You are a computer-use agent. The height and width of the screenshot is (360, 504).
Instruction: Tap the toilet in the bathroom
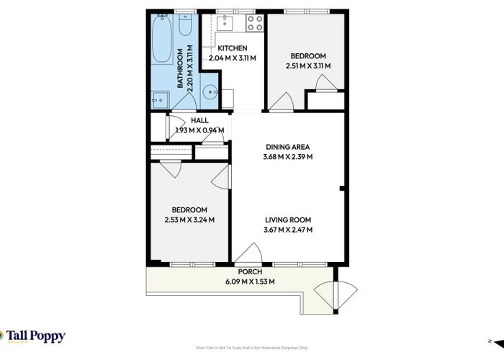tap(184, 27)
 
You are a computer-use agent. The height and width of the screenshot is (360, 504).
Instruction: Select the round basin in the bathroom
tap(210, 92)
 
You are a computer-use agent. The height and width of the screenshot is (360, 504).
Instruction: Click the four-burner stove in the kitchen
tap(255, 23)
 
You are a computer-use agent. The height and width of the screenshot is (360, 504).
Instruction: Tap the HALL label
tap(199, 121)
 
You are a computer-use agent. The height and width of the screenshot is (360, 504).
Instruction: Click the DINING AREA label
tap(288, 147)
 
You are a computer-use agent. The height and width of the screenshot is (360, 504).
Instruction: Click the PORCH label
tap(240, 272)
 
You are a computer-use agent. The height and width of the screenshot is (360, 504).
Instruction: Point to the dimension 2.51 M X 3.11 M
tap(308, 66)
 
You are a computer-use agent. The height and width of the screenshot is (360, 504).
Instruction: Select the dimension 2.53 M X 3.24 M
tap(190, 220)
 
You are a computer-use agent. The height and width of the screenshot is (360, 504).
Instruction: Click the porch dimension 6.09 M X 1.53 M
tap(240, 282)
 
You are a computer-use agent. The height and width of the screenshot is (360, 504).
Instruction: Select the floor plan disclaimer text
tap(251, 348)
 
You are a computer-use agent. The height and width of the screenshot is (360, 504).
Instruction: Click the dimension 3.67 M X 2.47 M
tap(288, 230)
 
